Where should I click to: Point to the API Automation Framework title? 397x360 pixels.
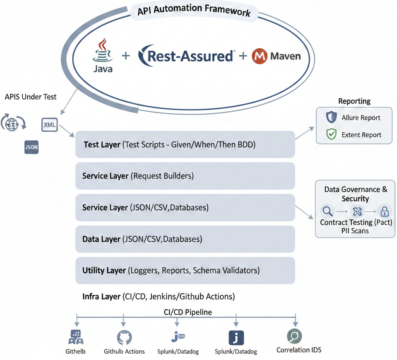[x=194, y=10]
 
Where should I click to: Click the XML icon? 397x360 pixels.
[x=50, y=125]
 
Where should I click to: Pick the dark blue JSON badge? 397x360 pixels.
[x=31, y=147]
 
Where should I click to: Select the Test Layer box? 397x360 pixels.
[x=185, y=144]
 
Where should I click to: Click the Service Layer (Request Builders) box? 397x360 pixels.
[x=185, y=176]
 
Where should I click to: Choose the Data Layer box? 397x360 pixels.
[x=185, y=239]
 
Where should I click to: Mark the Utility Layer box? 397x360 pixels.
[x=185, y=270]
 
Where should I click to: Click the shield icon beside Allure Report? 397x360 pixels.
[x=331, y=117]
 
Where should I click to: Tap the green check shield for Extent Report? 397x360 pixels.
[x=331, y=135]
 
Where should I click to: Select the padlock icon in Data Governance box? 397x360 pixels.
[x=384, y=211]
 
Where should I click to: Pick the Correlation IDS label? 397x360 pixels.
[x=299, y=350]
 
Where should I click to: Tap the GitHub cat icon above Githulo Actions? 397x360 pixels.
[x=124, y=338]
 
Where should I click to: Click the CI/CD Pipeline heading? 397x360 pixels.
[x=188, y=312]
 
